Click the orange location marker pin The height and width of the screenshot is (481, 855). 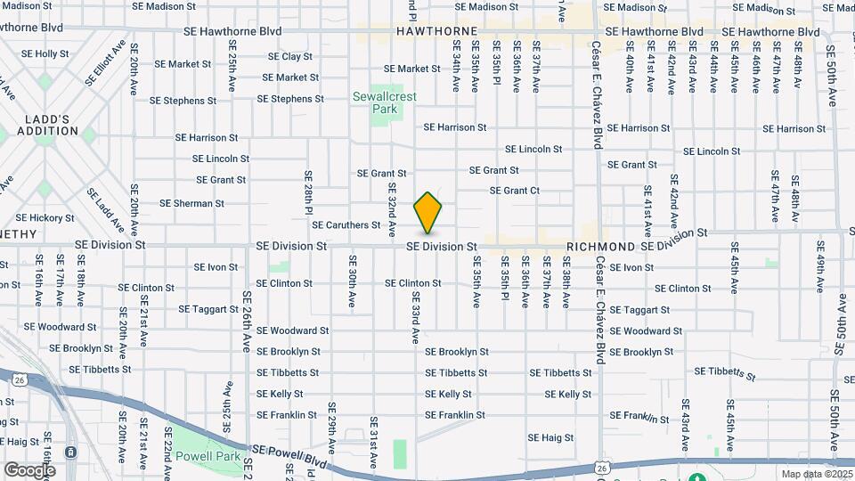tap(428, 213)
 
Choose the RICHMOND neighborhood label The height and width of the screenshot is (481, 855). tap(601, 246)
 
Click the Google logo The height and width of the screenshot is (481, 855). tap(29, 469)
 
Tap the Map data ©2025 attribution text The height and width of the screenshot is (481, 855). tap(816, 474)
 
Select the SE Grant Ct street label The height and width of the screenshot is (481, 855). tap(515, 191)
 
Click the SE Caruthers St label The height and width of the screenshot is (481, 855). tap(346, 225)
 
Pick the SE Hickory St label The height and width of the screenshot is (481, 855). tap(45, 217)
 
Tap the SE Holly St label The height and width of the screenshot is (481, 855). tap(39, 53)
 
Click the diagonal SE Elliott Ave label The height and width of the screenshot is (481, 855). tap(103, 62)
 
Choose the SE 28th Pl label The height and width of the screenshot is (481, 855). tap(308, 192)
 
